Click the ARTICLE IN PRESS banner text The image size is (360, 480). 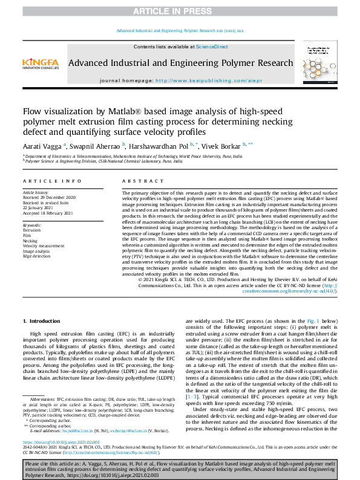(180, 11)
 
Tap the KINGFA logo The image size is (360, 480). (41, 63)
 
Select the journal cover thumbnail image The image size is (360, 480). (322, 63)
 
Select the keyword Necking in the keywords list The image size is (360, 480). (31, 240)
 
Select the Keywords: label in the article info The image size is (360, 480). (33, 224)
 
